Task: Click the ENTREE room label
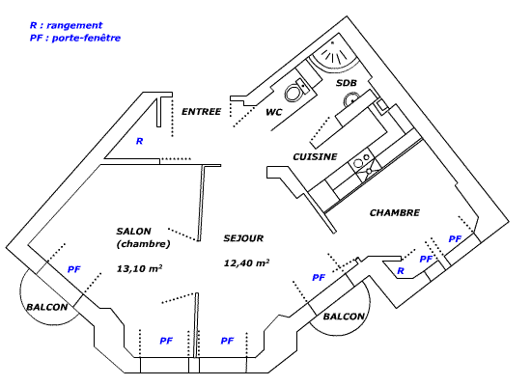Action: click(x=201, y=111)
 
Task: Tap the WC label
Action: click(x=273, y=112)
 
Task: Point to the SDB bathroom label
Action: click(x=346, y=83)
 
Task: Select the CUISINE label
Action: click(x=315, y=156)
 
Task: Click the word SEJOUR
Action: click(x=243, y=238)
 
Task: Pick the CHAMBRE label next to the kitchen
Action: click(x=395, y=212)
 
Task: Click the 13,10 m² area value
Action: click(x=139, y=268)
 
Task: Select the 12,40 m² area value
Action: click(x=246, y=262)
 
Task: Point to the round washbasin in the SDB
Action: click(x=351, y=99)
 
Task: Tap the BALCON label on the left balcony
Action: click(x=46, y=307)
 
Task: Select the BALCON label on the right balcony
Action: click(x=344, y=317)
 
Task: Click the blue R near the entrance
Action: click(x=139, y=141)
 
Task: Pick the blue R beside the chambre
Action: click(x=401, y=270)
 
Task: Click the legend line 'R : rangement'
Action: click(x=66, y=25)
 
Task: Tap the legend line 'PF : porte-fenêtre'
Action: click(x=75, y=38)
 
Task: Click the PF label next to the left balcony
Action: click(x=73, y=269)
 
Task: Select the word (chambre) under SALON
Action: click(x=143, y=244)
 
